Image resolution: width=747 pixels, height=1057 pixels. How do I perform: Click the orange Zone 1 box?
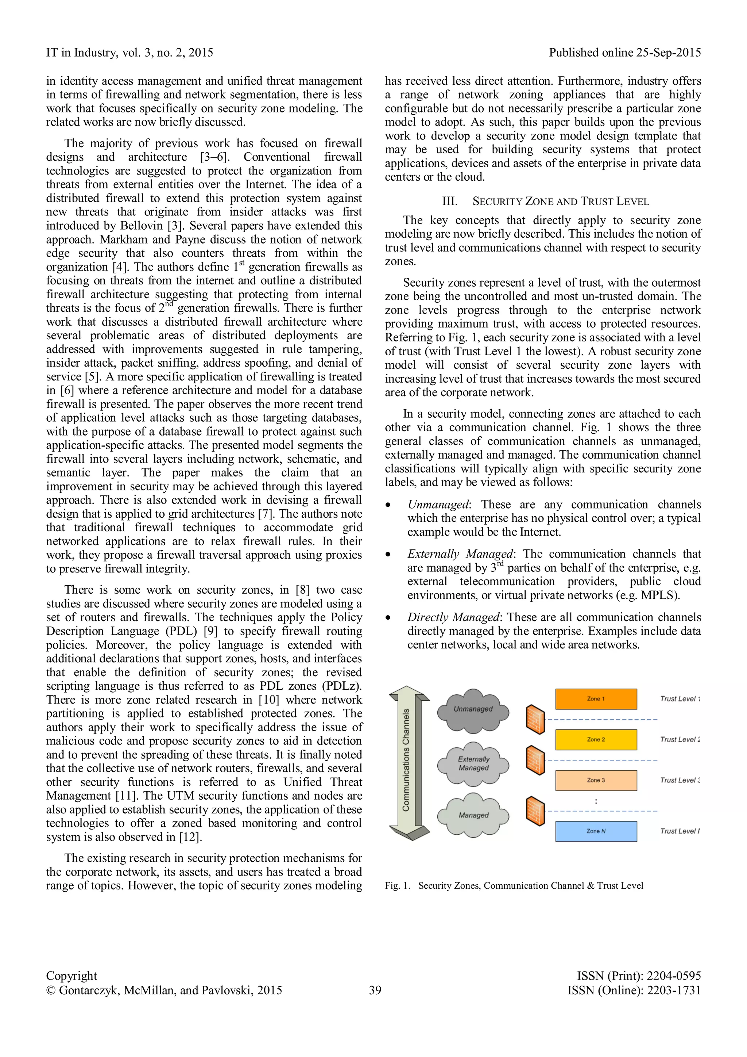(x=596, y=699)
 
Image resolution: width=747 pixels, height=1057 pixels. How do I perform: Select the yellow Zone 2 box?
(x=596, y=739)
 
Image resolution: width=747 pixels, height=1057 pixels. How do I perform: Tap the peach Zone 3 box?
(x=596, y=780)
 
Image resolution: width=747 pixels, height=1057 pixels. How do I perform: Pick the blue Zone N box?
(x=596, y=831)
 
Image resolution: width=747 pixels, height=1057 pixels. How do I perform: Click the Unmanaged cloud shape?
(x=473, y=711)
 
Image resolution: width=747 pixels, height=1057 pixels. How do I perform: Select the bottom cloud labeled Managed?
(x=473, y=815)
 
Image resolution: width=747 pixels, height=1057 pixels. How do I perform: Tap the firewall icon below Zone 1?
(x=535, y=719)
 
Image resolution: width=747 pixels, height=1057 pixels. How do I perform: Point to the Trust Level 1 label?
(x=680, y=699)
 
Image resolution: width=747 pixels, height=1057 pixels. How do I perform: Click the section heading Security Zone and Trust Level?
(x=545, y=202)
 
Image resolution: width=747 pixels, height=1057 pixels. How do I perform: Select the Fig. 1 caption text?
(x=514, y=886)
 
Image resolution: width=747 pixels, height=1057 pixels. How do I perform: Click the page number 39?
(x=375, y=990)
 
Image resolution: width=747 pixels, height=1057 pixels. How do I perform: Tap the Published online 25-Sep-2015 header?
(x=625, y=53)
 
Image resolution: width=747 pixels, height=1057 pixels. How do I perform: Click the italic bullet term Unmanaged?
(x=437, y=505)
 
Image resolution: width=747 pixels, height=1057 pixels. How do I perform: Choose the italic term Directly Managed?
(x=453, y=617)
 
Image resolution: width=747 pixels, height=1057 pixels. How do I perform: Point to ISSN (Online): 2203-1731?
(x=634, y=990)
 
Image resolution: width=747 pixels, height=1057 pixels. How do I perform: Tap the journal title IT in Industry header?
(x=129, y=53)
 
